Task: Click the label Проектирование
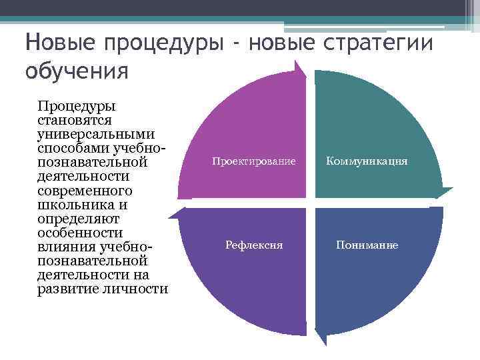tap(254, 161)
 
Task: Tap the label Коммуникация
tap(367, 161)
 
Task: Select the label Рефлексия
tap(254, 245)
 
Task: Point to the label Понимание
tap(367, 245)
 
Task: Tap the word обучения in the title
tap(76, 70)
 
